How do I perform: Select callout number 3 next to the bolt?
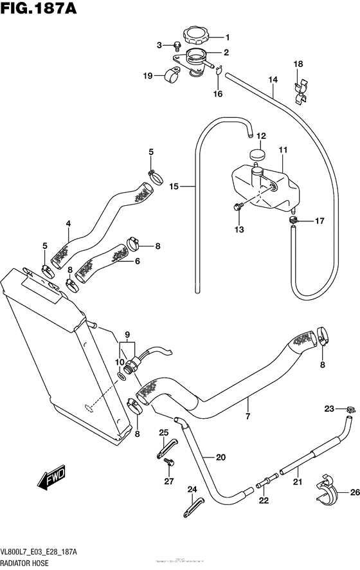point(159,44)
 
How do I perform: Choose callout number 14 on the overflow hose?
point(273,80)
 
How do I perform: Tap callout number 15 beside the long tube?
point(174,187)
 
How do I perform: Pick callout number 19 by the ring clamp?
point(148,76)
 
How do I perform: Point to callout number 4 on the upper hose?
point(68,225)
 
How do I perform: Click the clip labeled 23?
point(349,409)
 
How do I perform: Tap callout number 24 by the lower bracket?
point(191,490)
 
